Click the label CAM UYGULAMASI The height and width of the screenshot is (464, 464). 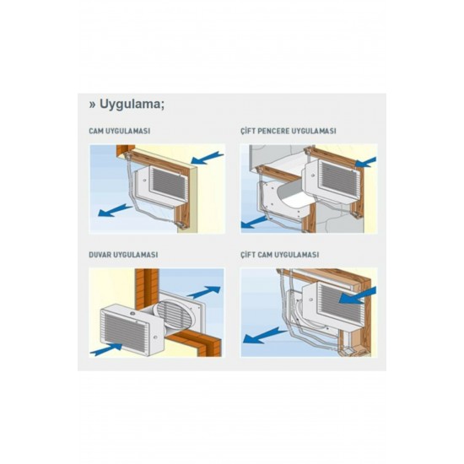(120, 131)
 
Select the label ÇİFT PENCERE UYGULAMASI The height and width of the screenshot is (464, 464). (289, 131)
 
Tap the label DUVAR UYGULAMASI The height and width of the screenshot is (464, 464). (123, 255)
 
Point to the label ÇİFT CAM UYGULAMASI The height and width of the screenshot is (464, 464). (279, 254)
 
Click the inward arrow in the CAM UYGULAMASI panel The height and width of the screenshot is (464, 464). (207, 158)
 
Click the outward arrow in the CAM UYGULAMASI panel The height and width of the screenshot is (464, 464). (115, 210)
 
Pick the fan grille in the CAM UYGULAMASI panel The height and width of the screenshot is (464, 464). (168, 184)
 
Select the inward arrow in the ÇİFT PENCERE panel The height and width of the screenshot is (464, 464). (366, 162)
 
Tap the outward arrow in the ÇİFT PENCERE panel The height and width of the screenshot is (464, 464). (255, 222)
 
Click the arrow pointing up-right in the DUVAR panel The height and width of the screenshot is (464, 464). (204, 292)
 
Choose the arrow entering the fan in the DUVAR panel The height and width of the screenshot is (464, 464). (106, 349)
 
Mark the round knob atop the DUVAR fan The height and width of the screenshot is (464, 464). (132, 313)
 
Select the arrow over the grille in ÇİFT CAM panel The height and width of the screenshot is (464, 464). (357, 295)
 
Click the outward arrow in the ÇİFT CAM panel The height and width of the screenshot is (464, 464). (265, 335)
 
